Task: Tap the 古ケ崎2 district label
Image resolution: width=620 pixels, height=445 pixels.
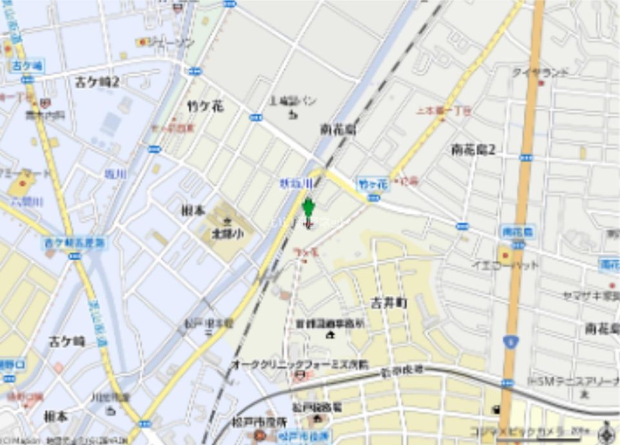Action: (x=98, y=81)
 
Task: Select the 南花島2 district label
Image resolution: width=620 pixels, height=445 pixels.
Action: (x=473, y=150)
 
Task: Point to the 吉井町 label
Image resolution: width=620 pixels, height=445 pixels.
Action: (x=388, y=302)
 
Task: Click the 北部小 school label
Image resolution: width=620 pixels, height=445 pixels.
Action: (x=227, y=234)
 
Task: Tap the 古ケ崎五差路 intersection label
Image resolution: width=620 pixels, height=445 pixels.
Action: (x=75, y=243)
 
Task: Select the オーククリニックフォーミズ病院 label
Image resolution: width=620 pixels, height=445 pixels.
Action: (x=300, y=364)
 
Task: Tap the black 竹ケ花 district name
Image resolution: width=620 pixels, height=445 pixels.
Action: (x=205, y=107)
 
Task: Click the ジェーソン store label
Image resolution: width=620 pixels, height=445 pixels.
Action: (x=170, y=43)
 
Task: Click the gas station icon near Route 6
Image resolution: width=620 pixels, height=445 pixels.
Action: (x=496, y=409)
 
